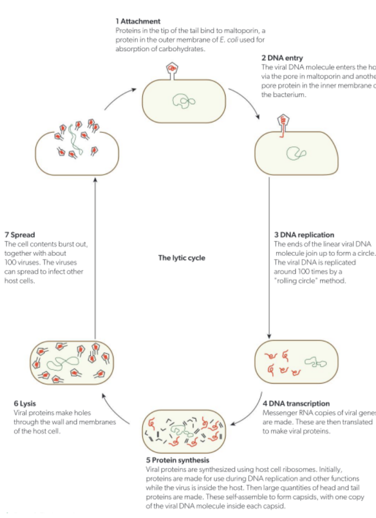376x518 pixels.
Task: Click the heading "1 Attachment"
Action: click(137, 21)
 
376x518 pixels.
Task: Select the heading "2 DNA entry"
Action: click(282, 58)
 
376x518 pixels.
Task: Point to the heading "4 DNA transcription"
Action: click(296, 403)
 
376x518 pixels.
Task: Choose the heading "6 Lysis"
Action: click(24, 403)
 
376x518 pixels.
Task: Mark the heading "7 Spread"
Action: click(19, 235)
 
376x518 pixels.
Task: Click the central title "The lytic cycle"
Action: click(182, 258)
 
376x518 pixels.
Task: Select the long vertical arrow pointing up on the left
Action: click(95, 255)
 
